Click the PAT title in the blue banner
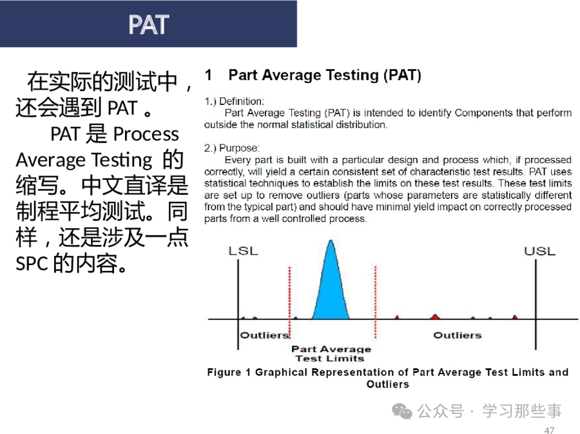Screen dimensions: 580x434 click(x=149, y=25)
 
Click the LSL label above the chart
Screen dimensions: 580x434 click(x=243, y=251)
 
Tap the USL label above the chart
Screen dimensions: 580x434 click(x=539, y=252)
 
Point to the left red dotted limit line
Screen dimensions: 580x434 click(x=289, y=302)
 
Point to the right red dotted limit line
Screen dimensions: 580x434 click(x=376, y=302)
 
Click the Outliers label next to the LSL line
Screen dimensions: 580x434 click(x=264, y=335)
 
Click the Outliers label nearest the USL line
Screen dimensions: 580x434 click(x=458, y=335)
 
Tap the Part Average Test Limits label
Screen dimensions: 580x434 click(x=331, y=353)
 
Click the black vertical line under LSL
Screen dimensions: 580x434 click(x=238, y=304)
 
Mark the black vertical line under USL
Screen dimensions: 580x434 click(x=536, y=304)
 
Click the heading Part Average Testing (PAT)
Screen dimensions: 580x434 click(x=325, y=75)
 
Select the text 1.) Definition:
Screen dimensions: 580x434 click(x=235, y=101)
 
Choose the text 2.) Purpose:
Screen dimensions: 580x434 click(x=232, y=148)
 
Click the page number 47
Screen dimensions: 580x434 click(x=549, y=430)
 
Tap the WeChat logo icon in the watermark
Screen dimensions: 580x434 click(x=402, y=411)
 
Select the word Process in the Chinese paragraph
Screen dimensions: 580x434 click(x=146, y=134)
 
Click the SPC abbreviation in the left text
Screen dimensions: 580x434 click(x=32, y=264)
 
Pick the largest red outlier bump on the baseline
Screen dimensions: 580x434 click(x=436, y=317)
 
